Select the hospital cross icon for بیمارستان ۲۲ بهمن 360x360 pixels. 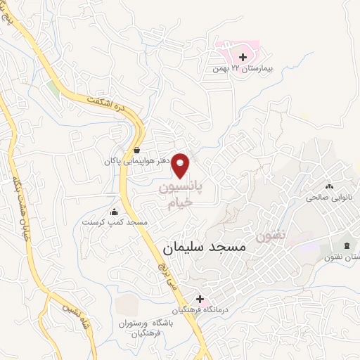[243, 57]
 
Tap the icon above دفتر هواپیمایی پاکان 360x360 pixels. [136, 150]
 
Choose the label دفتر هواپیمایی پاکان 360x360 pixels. [137, 162]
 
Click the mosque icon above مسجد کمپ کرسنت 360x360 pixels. [115, 212]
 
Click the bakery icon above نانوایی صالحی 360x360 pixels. [328, 186]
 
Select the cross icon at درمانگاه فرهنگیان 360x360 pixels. [200, 299]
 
